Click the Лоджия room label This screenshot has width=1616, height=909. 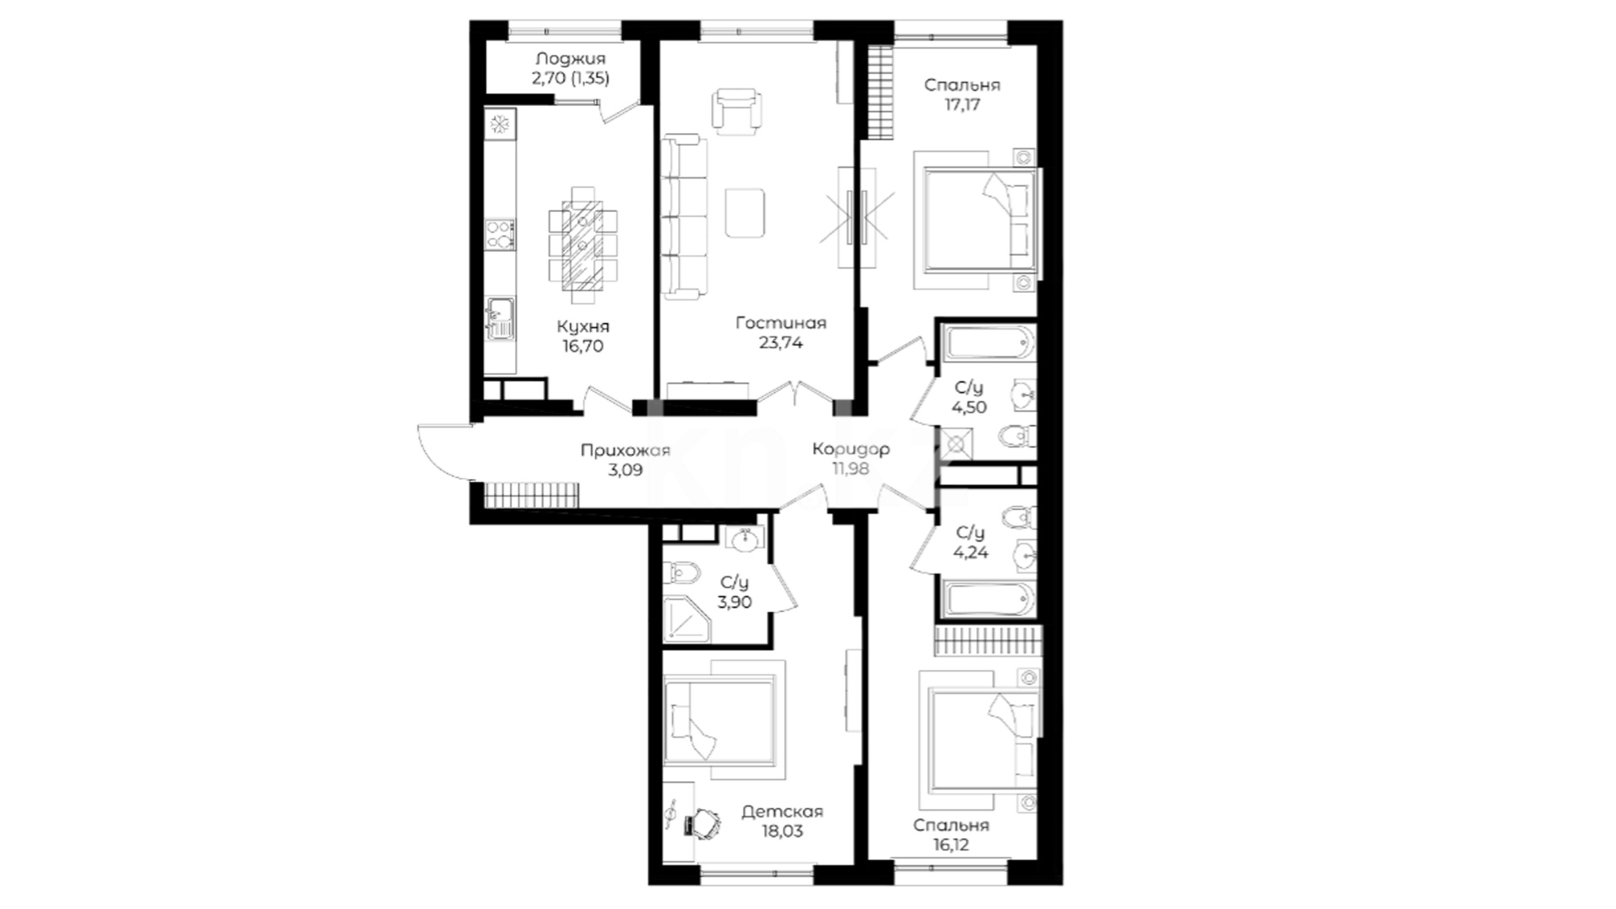[571, 59]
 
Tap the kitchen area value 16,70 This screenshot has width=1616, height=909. [582, 346]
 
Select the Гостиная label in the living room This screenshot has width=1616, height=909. [781, 322]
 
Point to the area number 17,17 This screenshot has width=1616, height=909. [961, 105]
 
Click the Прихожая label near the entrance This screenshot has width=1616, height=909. [625, 450]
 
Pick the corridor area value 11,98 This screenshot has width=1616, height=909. [850, 469]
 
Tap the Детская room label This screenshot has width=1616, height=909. [782, 811]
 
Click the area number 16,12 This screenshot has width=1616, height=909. [951, 844]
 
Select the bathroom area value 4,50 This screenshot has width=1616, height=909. [970, 407]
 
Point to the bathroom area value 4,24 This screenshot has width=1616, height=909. [970, 553]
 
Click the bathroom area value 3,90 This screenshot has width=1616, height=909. [735, 602]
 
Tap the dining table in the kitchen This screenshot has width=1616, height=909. [582, 245]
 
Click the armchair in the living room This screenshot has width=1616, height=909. [738, 110]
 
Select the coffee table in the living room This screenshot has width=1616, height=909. [746, 213]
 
